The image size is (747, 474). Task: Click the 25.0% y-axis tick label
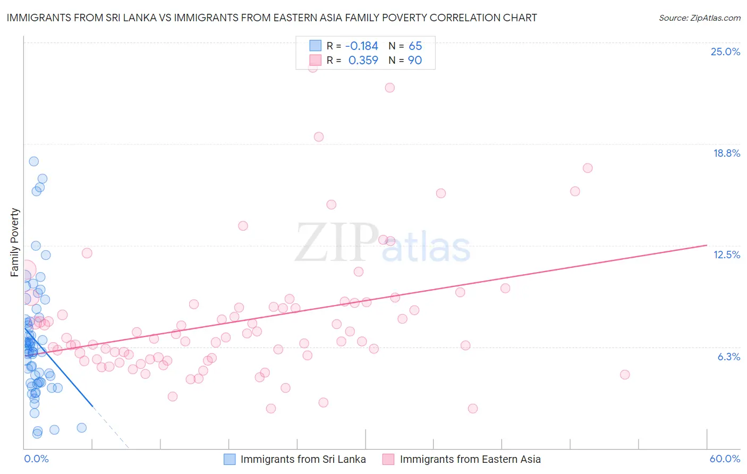click(x=725, y=52)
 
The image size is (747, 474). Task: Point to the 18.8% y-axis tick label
click(x=726, y=153)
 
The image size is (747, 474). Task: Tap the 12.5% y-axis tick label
click(x=726, y=255)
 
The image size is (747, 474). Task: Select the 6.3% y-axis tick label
click(x=728, y=357)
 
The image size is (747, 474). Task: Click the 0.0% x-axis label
click(x=36, y=459)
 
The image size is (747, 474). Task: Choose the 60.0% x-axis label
click(x=725, y=459)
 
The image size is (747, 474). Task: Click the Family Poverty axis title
click(x=15, y=242)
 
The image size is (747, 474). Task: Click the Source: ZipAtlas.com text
click(x=699, y=18)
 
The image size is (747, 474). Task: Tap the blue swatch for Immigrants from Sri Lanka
click(x=230, y=459)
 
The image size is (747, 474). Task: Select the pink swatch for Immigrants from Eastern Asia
click(x=388, y=459)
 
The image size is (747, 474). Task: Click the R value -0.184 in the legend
click(x=361, y=46)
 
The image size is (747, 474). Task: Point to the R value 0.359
click(x=363, y=61)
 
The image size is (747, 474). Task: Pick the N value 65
click(x=415, y=46)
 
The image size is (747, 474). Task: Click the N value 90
click(x=414, y=61)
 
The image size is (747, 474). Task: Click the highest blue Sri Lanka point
click(x=33, y=162)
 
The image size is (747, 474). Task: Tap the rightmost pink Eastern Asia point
click(x=625, y=375)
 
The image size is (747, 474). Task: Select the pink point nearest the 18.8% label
click(x=588, y=168)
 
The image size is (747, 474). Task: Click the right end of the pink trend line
click(x=707, y=245)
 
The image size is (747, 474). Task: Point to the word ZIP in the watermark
click(x=336, y=243)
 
